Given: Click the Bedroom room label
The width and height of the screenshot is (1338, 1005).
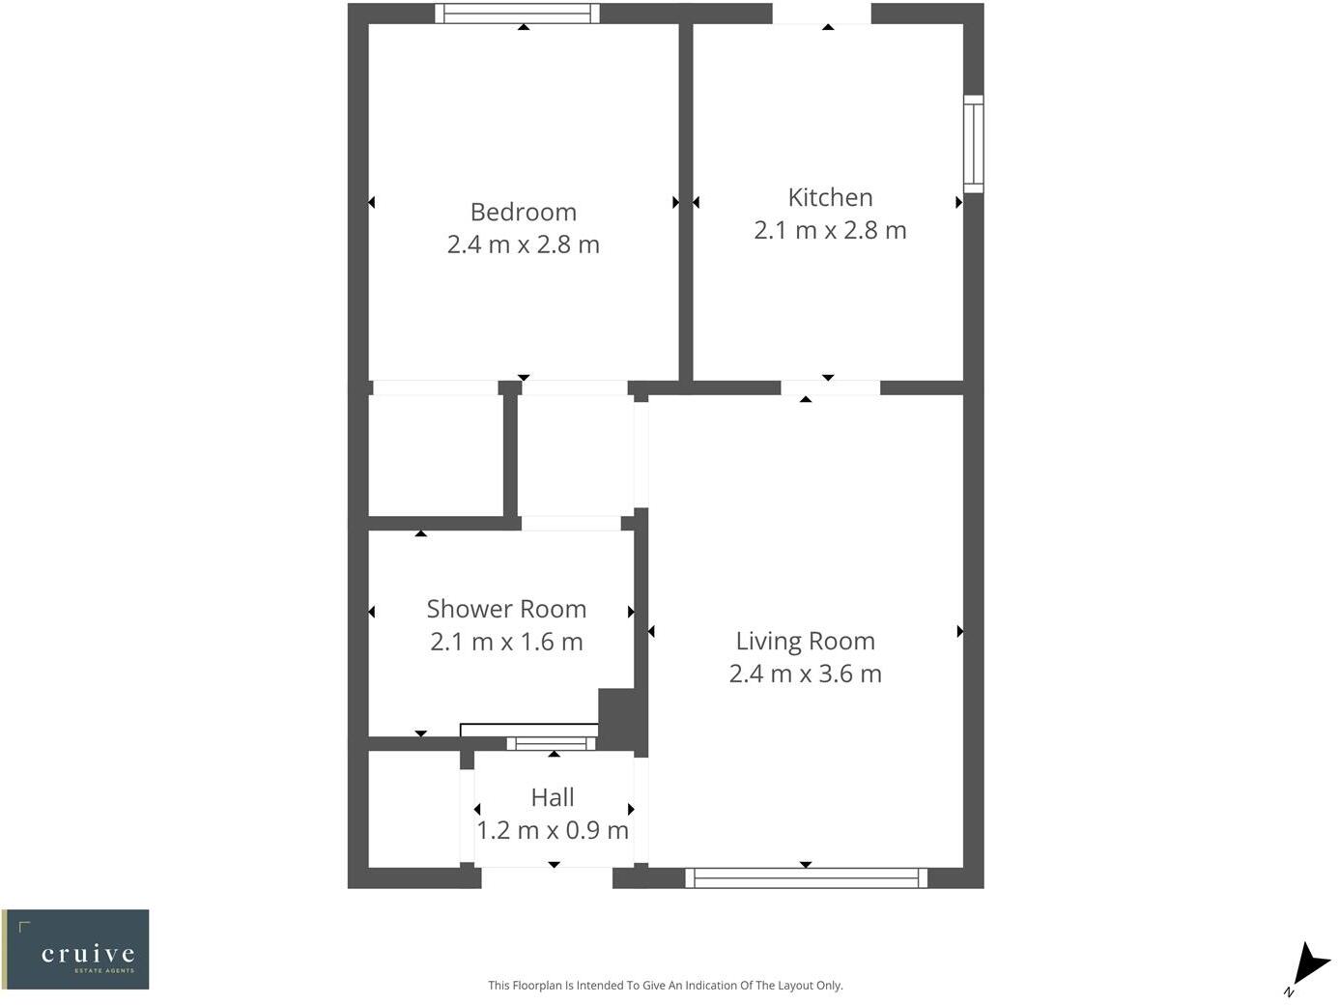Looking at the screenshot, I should pos(523,212).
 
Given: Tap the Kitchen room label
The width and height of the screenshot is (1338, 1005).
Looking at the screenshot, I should pos(830,197).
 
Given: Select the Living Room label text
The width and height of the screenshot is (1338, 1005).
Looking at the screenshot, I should pos(805,641).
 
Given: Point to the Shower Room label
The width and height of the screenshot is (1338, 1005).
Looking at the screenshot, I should pos(506,609).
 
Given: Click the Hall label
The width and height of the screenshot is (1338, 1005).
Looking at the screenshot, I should pos(553,797).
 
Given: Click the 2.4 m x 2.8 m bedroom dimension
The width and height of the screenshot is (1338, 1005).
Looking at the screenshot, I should pos(523,244).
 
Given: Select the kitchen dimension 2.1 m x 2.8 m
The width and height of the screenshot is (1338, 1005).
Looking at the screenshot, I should pos(830,230).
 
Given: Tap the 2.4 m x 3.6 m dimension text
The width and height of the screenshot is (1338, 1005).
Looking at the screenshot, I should pos(805,674).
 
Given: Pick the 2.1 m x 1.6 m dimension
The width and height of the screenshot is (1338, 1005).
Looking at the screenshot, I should pos(506,642).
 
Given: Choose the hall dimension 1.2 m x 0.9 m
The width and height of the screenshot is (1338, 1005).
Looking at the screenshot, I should pos(553,830).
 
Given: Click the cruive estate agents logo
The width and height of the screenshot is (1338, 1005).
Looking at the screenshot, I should pos(76,949).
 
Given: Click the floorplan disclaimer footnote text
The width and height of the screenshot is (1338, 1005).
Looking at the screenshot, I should pos(665,986).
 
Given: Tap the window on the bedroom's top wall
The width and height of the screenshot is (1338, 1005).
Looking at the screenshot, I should pos(517,14).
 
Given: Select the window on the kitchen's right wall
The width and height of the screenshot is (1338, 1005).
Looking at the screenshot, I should pos(973,144).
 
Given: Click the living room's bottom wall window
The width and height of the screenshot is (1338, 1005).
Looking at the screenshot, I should pos(806,877).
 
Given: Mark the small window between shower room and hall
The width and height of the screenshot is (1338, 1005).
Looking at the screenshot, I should pos(552,743).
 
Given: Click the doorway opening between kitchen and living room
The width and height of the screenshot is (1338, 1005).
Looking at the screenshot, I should pos(830,388).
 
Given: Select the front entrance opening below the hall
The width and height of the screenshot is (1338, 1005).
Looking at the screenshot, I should pos(547,877).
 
